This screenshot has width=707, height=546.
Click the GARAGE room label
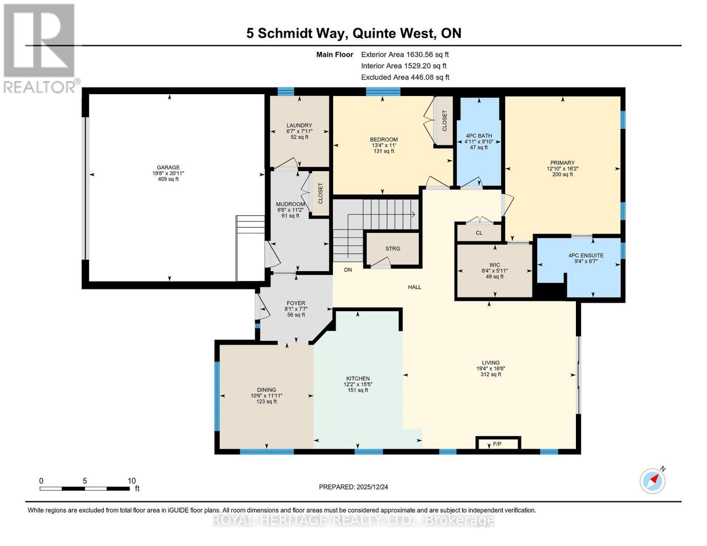pyautogui.click(x=168, y=167)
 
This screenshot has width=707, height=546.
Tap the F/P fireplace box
pyautogui.click(x=498, y=444)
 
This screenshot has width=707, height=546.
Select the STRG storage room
pyautogui.click(x=392, y=248)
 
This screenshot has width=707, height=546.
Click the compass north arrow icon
pyautogui.click(x=653, y=480)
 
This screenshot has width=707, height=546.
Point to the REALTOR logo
pyautogui.click(x=40, y=48)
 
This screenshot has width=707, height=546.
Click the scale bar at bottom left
pyautogui.click(x=85, y=489)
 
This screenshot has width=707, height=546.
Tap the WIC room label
pyautogui.click(x=494, y=264)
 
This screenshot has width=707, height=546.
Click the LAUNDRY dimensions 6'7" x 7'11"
pyautogui.click(x=299, y=131)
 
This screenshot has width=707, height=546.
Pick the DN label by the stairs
pyautogui.click(x=348, y=270)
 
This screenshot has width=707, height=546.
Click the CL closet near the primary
pyautogui.click(x=479, y=233)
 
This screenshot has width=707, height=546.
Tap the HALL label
pyautogui.click(x=414, y=287)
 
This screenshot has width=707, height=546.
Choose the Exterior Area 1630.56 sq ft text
pyautogui.click(x=405, y=54)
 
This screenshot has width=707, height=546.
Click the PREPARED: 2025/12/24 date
pyautogui.click(x=353, y=487)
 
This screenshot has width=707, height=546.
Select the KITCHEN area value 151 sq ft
pyautogui.click(x=358, y=390)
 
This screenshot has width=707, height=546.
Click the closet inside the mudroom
pyautogui.click(x=320, y=193)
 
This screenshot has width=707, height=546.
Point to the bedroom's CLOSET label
pyautogui.click(x=444, y=120)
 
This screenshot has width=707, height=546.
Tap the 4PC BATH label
pyautogui.click(x=478, y=136)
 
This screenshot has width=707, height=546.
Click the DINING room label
pyautogui.click(x=266, y=389)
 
